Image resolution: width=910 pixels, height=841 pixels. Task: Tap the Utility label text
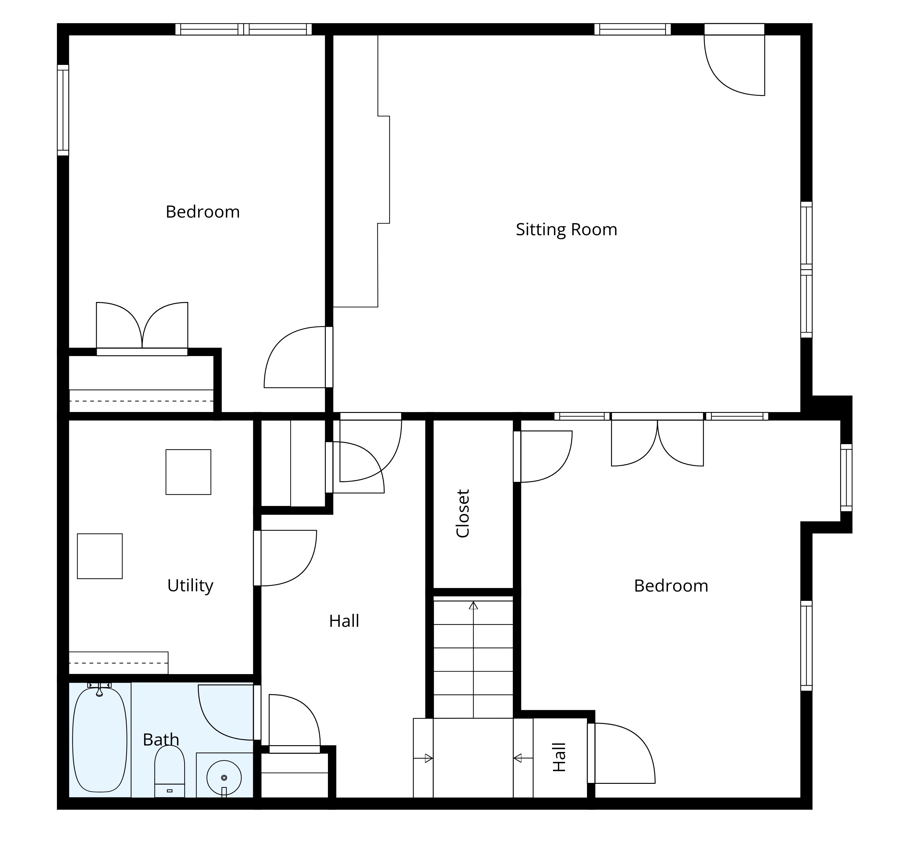pyautogui.click(x=190, y=586)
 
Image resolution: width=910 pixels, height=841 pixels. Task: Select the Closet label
pyautogui.click(x=463, y=514)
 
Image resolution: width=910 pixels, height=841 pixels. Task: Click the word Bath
pyautogui.click(x=161, y=740)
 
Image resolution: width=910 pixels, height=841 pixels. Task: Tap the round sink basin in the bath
pyautogui.click(x=224, y=777)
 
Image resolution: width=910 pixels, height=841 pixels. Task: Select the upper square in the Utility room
pyautogui.click(x=188, y=472)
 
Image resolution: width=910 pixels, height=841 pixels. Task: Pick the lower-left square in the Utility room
pyautogui.click(x=100, y=556)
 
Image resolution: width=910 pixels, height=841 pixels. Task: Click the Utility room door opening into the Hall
pyautogui.click(x=287, y=558)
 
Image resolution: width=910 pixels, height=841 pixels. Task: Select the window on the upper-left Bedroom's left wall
pyautogui.click(x=63, y=110)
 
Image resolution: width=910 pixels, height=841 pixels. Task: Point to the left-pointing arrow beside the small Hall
pyautogui.click(x=518, y=758)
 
